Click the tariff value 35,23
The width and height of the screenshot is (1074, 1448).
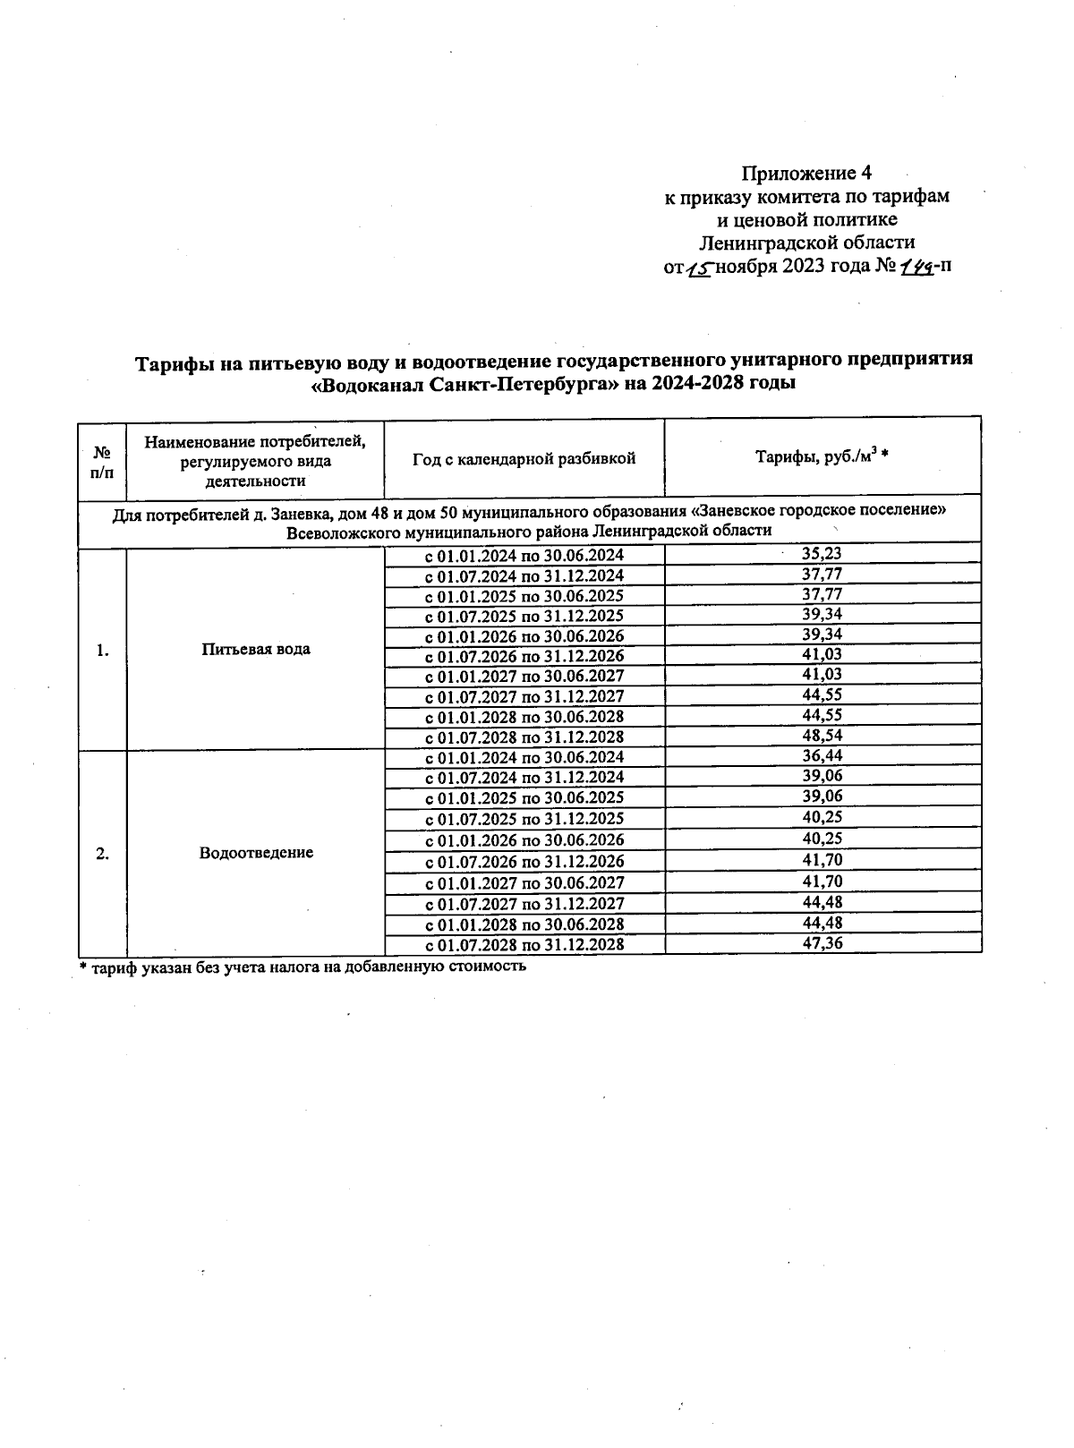822,554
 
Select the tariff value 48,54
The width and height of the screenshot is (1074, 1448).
822,736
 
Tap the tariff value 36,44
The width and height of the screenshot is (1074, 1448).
822,756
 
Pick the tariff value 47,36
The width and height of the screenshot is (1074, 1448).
822,942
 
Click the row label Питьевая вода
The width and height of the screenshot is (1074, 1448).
256,649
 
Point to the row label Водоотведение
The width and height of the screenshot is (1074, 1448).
256,852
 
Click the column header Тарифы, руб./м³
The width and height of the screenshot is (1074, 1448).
822,457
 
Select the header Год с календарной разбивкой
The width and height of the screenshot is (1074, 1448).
524,458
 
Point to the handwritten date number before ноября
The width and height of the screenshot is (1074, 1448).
699,268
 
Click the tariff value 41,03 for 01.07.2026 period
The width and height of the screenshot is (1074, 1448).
822,654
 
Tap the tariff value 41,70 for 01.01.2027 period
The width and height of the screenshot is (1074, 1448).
822,881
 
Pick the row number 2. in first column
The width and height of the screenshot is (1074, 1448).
102,853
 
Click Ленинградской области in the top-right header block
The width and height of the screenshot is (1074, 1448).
806,243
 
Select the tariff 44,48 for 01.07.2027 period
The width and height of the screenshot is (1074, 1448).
822,902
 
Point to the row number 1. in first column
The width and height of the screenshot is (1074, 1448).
102,650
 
